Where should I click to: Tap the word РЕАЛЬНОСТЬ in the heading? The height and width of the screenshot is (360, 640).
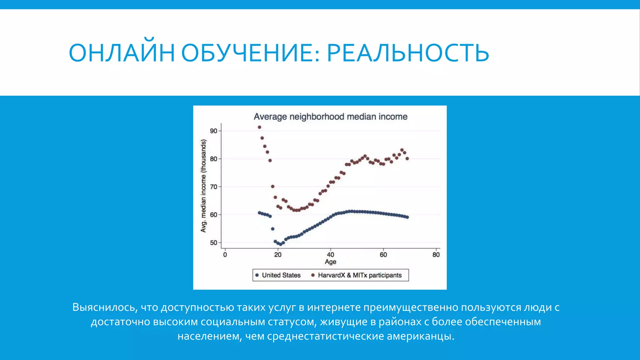click(x=408, y=53)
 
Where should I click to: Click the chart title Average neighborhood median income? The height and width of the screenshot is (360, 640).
click(x=330, y=117)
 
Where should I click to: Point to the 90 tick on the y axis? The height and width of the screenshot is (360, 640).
click(x=213, y=131)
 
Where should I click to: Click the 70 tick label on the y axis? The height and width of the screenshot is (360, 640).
click(x=213, y=187)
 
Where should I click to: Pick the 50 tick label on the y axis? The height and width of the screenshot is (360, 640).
click(x=213, y=243)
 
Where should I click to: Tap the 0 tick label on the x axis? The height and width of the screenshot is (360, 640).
click(x=225, y=255)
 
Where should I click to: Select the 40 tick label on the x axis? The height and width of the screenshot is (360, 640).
click(x=330, y=255)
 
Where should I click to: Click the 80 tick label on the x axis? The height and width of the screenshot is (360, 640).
click(x=436, y=255)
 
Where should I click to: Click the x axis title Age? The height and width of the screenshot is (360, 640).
click(x=330, y=262)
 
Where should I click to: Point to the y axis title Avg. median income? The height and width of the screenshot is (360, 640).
click(x=203, y=186)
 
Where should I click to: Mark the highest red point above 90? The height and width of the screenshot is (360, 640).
click(x=259, y=127)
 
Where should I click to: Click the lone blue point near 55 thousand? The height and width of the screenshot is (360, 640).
click(x=272, y=229)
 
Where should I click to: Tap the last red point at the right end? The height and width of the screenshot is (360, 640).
click(x=407, y=159)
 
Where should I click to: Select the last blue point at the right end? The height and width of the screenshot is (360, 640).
click(x=407, y=217)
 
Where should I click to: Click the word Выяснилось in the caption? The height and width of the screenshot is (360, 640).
click(x=104, y=307)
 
